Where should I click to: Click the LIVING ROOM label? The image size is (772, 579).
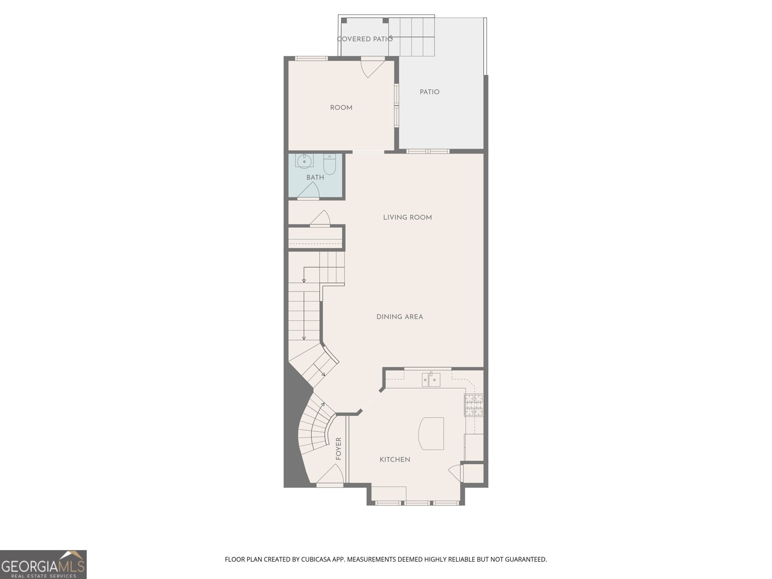point(407,218)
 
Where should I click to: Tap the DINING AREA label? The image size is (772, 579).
point(400,317)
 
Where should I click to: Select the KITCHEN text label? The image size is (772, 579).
point(395,460)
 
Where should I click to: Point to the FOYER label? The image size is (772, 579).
point(339,448)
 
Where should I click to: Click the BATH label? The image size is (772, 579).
point(315,178)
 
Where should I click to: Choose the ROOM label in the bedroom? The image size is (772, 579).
point(341,108)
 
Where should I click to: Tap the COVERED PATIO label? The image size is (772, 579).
point(365,39)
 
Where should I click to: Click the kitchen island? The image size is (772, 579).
point(431,433)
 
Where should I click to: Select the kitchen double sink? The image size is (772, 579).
point(431,381)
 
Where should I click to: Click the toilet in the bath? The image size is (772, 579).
point(330,164)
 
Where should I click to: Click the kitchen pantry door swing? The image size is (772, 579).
point(455,472)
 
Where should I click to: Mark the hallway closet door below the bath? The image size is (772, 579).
point(320,219)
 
